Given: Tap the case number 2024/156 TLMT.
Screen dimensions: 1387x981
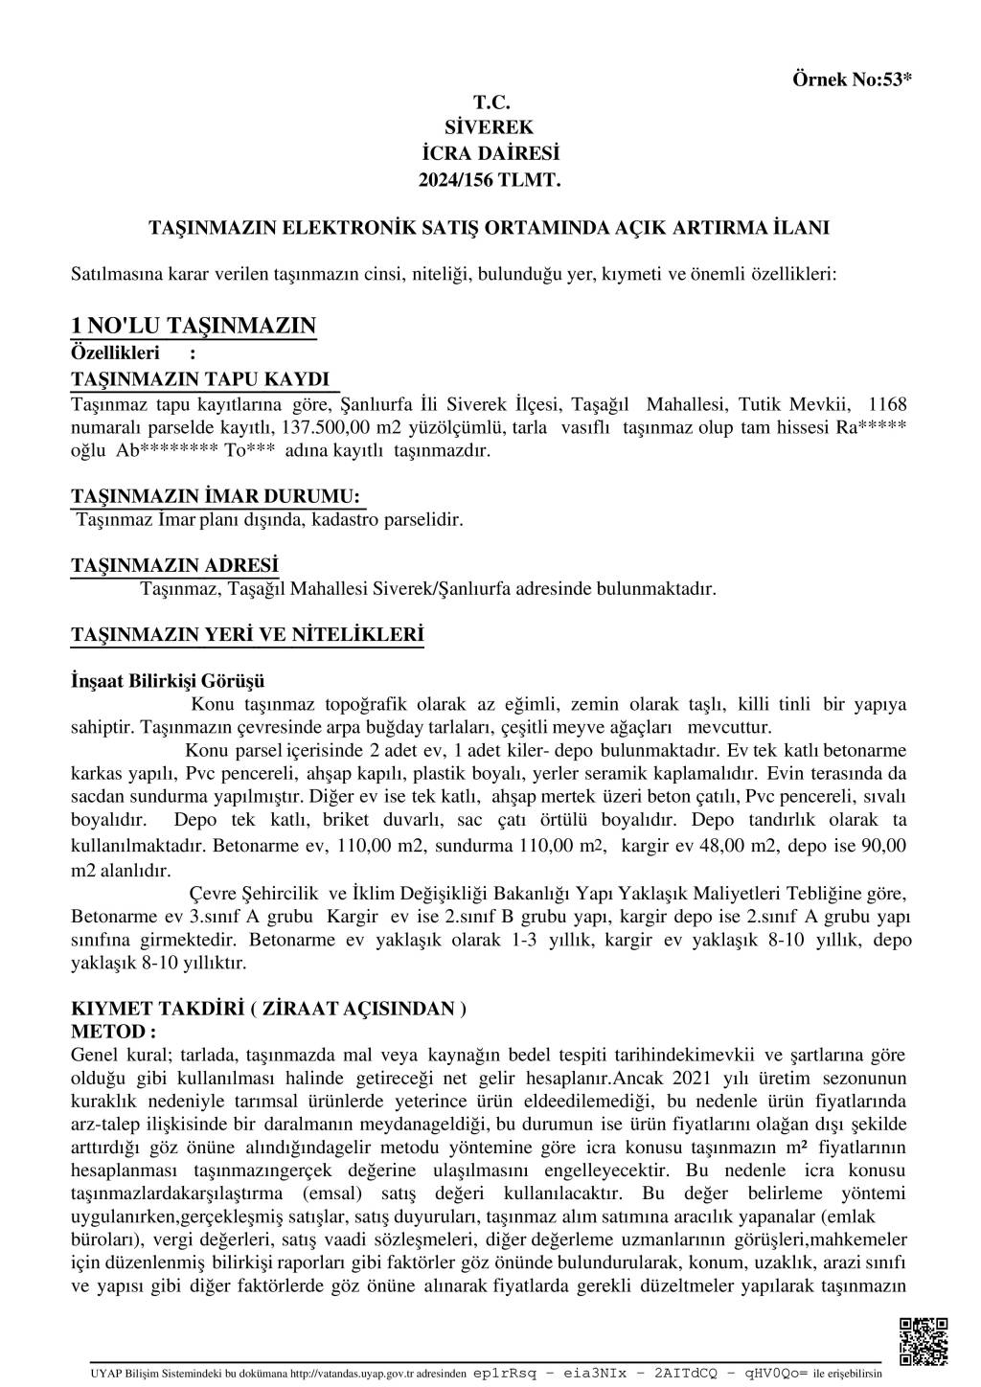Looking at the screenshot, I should click(x=490, y=179).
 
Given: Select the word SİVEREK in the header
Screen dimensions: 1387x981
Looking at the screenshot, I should click(x=490, y=127).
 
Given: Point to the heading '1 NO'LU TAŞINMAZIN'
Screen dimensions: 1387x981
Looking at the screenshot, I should click(x=194, y=326).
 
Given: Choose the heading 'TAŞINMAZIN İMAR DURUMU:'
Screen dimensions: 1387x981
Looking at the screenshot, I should click(x=217, y=496).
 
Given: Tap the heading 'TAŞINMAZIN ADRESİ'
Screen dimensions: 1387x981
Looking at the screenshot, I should click(x=174, y=565).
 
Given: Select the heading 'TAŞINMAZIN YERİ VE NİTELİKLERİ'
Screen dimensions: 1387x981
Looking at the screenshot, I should click(x=247, y=634).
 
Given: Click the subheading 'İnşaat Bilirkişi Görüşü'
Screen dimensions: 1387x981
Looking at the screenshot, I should click(x=168, y=681).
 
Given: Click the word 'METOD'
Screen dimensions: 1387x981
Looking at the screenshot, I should click(x=108, y=1032).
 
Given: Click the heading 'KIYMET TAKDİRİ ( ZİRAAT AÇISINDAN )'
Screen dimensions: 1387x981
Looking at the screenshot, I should click(x=269, y=1009).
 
